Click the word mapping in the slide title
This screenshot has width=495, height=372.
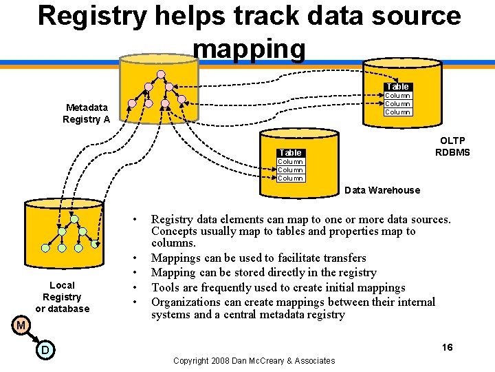[249, 48]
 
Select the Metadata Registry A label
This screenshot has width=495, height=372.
[87, 113]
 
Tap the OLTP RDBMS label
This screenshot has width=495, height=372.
[452, 146]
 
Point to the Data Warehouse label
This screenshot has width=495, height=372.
[382, 190]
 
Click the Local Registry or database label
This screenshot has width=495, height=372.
[62, 297]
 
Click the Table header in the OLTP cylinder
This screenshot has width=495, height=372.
[397, 86]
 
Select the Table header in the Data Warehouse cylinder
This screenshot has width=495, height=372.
[290, 152]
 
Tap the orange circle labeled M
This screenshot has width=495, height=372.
[21, 324]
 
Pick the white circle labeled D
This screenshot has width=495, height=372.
[43, 351]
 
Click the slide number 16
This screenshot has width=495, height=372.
[447, 347]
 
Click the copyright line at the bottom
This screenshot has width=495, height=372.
[254, 360]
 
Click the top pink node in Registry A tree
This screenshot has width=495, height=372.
[160, 74]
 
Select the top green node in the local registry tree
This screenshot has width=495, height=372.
[74, 219]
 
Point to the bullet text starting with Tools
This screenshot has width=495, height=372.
[278, 287]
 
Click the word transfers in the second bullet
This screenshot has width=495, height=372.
[344, 258]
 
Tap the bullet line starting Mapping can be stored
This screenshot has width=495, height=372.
[263, 272]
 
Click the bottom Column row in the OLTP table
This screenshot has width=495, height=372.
[397, 112]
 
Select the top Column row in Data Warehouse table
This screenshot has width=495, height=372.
[290, 162]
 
